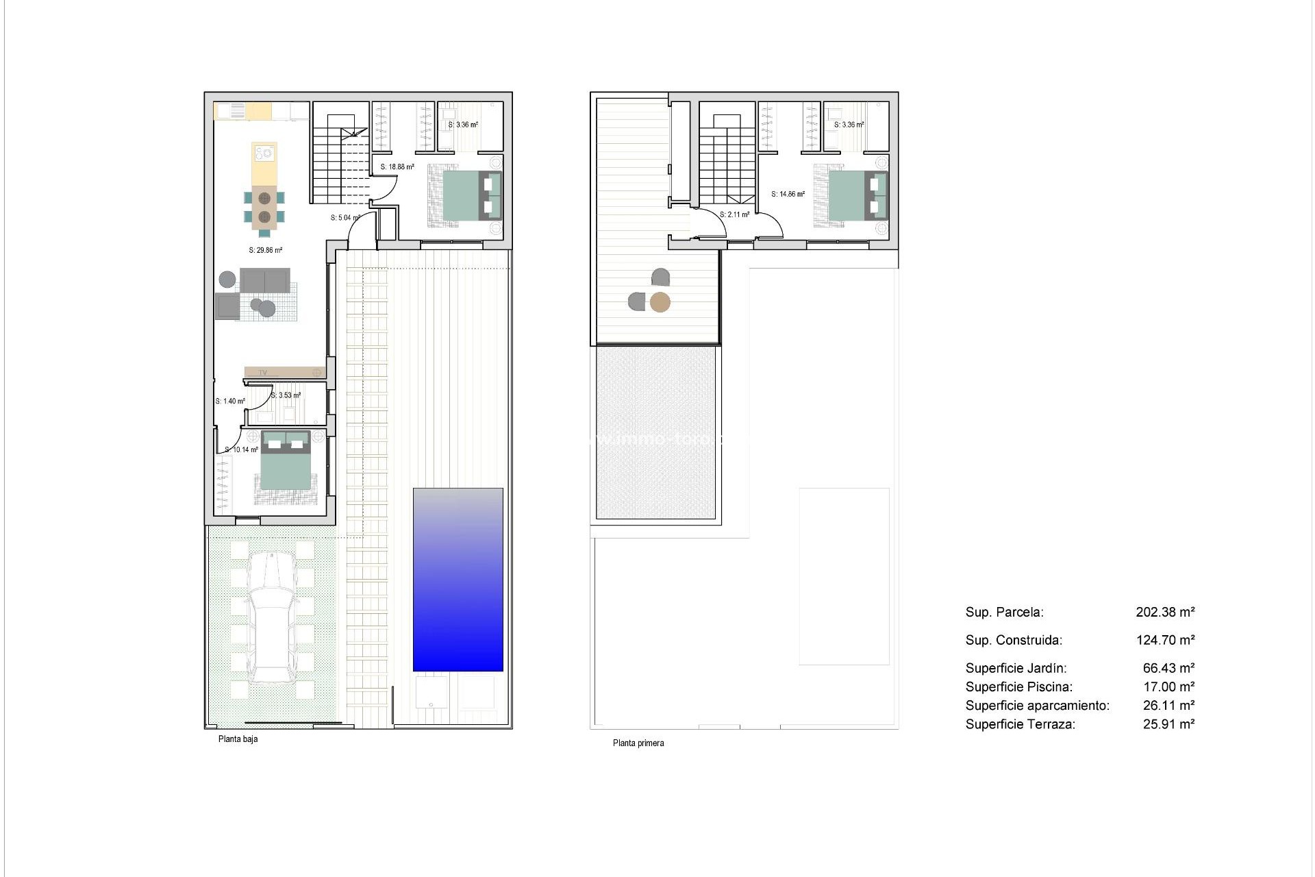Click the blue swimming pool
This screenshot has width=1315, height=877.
click(458, 579)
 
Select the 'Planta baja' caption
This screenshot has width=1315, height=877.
click(238, 739)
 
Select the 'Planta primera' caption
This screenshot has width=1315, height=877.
click(638, 743)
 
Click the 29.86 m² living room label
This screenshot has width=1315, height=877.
click(265, 250)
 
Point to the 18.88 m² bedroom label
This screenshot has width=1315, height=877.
click(397, 166)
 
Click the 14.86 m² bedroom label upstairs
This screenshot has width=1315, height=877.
click(788, 194)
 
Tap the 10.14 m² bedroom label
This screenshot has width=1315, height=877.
click(242, 449)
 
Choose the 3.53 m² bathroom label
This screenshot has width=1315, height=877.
click(286, 395)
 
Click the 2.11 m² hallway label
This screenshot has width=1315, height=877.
click(734, 214)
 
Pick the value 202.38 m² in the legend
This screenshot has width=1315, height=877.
click(1165, 612)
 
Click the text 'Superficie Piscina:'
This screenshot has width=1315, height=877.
click(1018, 687)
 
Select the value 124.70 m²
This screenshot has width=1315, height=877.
click(1165, 640)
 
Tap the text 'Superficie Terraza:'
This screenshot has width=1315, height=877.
click(1020, 724)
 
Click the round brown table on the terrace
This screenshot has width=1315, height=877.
click(660, 302)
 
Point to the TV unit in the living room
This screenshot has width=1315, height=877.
click(285, 372)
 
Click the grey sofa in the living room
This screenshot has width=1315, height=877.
click(264, 280)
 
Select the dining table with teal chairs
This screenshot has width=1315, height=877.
click(264, 207)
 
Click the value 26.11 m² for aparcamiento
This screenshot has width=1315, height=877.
click(1168, 705)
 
